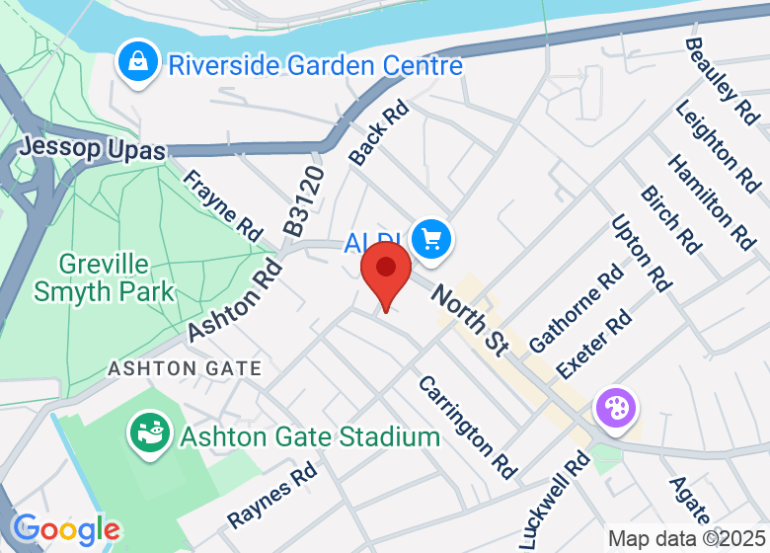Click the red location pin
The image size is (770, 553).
coord(386,273)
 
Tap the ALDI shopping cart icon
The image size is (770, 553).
coord(431,239)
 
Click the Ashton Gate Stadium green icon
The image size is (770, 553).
coord(150,435)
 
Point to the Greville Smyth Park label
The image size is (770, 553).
coord(104,277)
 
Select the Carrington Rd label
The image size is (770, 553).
coord(467,426)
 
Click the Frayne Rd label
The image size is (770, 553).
coord(223,205)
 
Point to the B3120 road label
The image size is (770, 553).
coord(304,200)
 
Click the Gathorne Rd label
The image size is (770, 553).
coord(577,308)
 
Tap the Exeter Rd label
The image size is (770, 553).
coord(594,345)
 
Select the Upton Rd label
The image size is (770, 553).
coord(641,253)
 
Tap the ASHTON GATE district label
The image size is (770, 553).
coord(185,368)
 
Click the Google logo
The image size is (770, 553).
coord(65,529)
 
